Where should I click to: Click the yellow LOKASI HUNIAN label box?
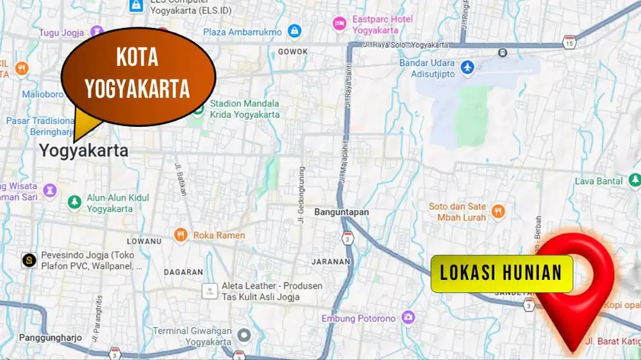[x=501, y=274]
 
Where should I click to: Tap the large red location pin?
[x=578, y=275]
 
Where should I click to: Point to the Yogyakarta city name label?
[x=83, y=151]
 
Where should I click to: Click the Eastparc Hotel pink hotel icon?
[x=339, y=24]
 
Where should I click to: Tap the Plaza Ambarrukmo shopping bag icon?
[x=294, y=31]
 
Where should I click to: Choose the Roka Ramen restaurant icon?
[x=181, y=235]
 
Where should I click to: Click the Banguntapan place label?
[x=342, y=211]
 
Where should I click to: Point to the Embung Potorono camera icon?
[x=408, y=317]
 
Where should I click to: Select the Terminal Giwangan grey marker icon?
[x=244, y=335]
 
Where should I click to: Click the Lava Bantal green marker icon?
[x=633, y=181]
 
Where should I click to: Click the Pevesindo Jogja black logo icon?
[x=28, y=260]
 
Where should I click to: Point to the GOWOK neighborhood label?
[x=293, y=51]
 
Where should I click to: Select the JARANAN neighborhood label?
[x=331, y=261]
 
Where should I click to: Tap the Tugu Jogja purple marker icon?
[x=97, y=31]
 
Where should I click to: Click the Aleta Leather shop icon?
[x=209, y=291]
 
